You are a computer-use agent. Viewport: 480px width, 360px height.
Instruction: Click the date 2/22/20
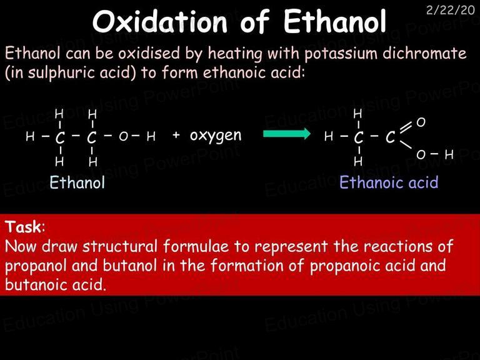(x=450, y=10)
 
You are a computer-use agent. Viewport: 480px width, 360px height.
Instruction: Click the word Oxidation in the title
(x=160, y=22)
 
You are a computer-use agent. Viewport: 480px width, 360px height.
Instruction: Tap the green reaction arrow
(x=287, y=134)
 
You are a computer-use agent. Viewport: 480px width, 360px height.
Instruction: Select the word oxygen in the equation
(x=216, y=136)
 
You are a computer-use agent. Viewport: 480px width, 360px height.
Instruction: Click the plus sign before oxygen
(x=176, y=135)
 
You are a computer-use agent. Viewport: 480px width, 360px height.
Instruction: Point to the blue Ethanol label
(x=77, y=182)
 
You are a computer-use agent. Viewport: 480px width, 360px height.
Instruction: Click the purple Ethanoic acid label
(x=389, y=182)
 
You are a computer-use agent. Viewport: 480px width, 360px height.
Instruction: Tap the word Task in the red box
(x=23, y=227)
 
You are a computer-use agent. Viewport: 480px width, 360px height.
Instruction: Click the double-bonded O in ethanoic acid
(x=421, y=122)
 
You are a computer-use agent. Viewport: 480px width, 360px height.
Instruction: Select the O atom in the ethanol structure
(x=123, y=136)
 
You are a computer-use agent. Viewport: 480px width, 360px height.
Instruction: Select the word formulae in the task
(x=196, y=246)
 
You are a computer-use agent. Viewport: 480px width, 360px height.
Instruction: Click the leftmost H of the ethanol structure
(x=30, y=136)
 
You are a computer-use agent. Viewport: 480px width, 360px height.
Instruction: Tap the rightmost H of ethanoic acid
(x=449, y=154)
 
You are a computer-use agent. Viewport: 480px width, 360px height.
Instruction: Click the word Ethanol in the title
(x=335, y=22)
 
